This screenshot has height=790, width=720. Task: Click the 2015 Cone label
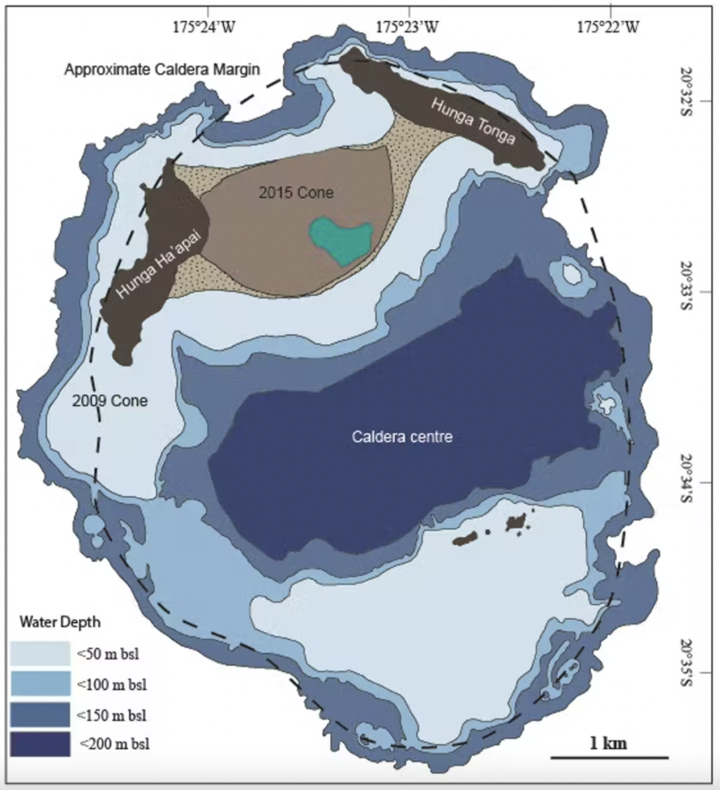(296, 193)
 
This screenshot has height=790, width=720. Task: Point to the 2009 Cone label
(110, 400)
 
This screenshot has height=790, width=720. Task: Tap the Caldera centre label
(402, 437)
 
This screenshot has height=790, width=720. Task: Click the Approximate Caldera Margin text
(162, 69)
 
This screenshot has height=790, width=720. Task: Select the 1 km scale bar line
(609, 757)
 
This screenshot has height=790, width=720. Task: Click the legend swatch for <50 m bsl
(40, 653)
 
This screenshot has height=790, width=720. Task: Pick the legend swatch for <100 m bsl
(40, 684)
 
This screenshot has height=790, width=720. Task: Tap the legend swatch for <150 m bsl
(40, 714)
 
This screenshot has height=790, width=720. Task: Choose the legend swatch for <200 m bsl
(40, 744)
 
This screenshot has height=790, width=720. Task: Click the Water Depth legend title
(60, 622)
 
